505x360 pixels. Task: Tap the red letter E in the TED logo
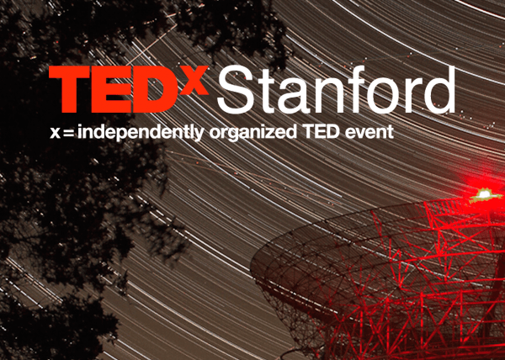[123, 90]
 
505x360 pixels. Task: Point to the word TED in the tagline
[320, 132]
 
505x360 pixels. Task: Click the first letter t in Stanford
[274, 91]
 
